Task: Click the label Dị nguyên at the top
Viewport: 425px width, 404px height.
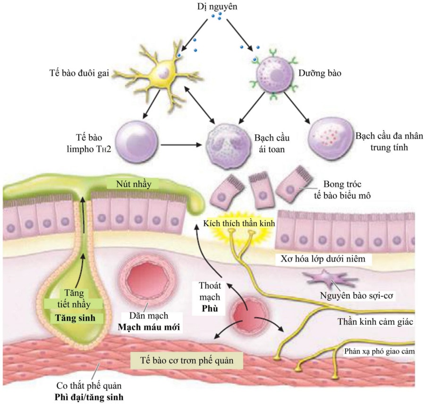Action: coord(218,7)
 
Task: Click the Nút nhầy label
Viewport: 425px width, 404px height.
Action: coord(136,184)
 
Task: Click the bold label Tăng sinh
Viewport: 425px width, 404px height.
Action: coord(73,318)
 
